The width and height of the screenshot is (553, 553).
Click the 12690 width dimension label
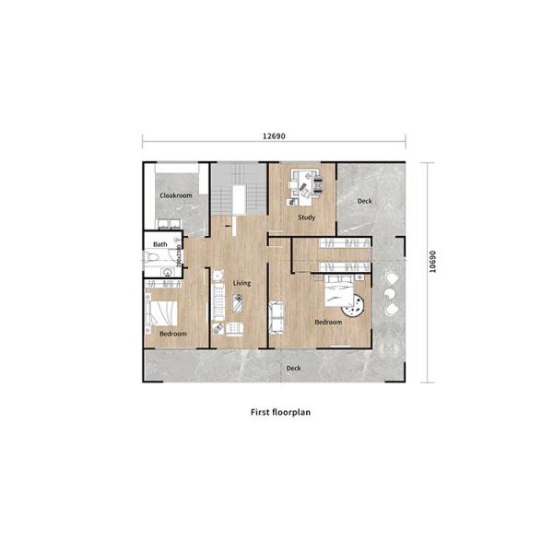(x=274, y=135)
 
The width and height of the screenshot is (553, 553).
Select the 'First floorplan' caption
(x=280, y=413)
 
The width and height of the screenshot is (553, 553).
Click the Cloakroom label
(x=175, y=196)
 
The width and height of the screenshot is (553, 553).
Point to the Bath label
(x=160, y=244)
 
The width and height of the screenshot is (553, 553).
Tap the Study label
(x=306, y=218)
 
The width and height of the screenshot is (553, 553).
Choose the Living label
(x=241, y=283)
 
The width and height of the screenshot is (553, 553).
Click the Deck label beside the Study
(x=365, y=201)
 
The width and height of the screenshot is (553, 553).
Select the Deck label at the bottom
(x=293, y=368)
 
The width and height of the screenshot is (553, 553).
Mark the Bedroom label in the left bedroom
(x=173, y=334)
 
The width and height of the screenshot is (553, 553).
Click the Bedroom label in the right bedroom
(x=328, y=323)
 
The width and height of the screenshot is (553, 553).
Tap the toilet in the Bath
(x=152, y=261)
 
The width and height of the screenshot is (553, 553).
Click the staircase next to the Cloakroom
(x=241, y=190)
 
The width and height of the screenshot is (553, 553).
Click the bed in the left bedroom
(x=166, y=311)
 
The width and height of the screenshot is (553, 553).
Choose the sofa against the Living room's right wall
(x=276, y=317)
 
